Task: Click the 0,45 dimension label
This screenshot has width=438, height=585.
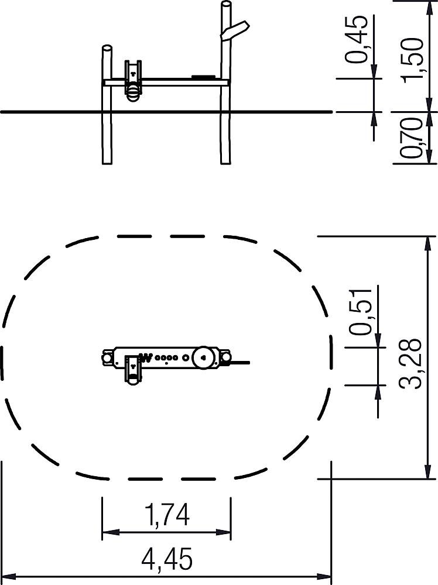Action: click(356, 39)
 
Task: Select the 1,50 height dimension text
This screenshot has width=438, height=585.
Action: click(413, 60)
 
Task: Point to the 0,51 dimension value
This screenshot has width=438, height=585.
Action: click(360, 311)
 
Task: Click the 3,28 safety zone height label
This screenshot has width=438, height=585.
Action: click(410, 364)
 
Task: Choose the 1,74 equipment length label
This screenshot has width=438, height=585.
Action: click(167, 514)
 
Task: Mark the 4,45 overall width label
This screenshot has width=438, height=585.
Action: click(167, 559)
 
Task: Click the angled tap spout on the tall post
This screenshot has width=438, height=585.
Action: click(235, 30)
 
